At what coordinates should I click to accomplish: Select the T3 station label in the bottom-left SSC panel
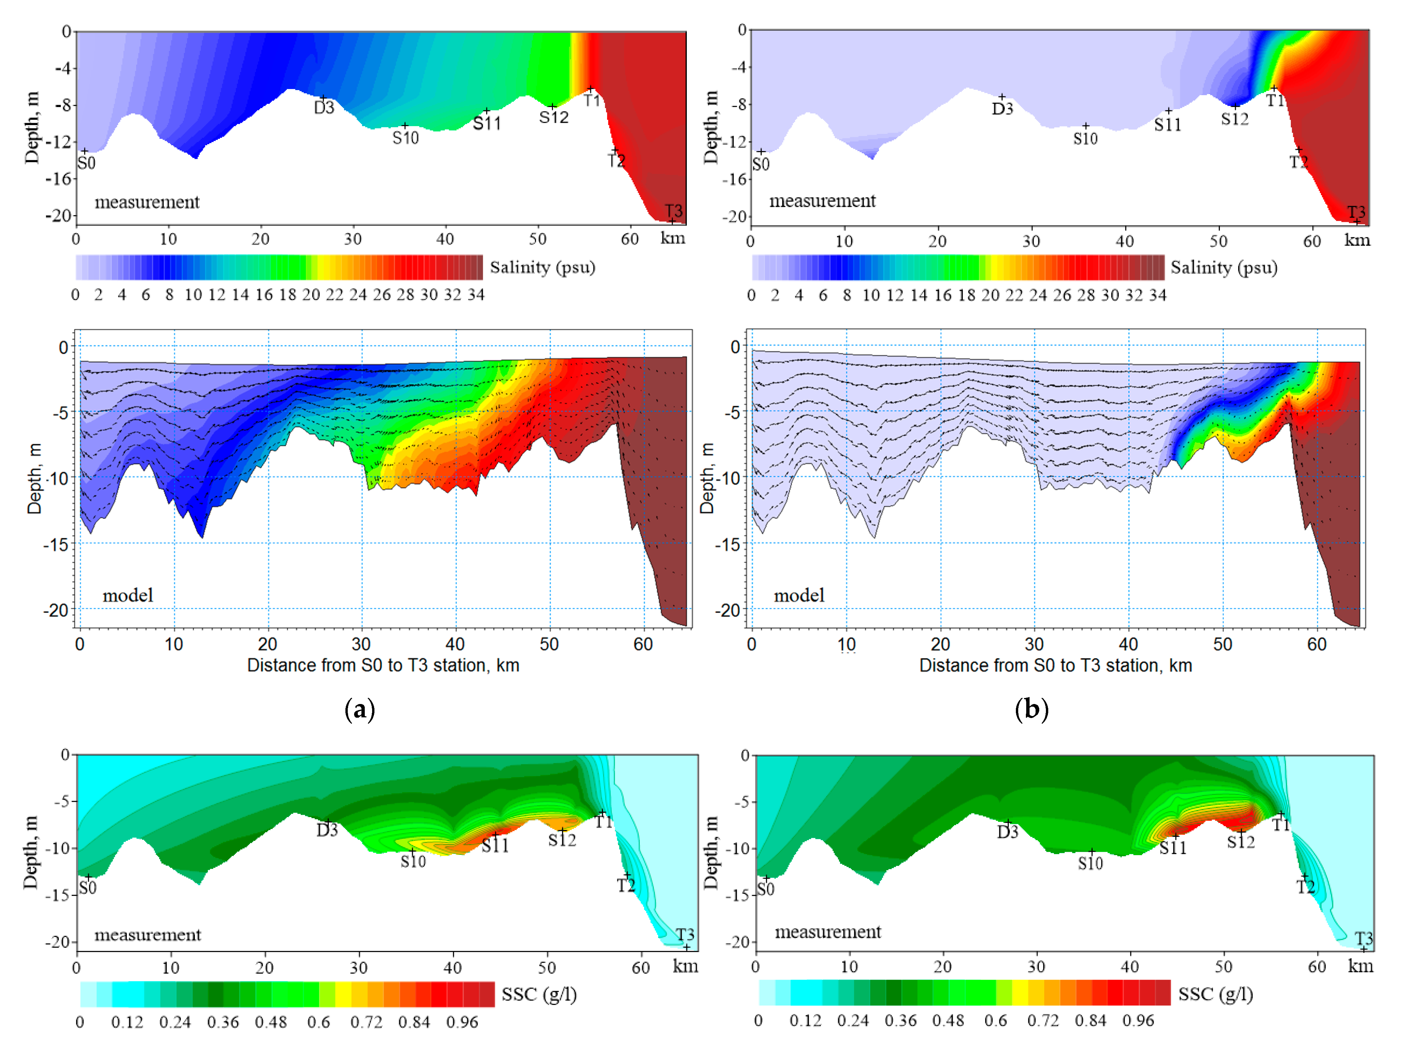(685, 935)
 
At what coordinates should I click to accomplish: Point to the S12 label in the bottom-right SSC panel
(1240, 841)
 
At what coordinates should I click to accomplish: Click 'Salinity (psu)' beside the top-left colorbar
(542, 267)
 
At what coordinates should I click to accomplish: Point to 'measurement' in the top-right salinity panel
(822, 201)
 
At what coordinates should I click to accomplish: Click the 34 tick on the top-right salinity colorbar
(1158, 295)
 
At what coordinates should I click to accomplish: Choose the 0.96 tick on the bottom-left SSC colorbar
(462, 1022)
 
